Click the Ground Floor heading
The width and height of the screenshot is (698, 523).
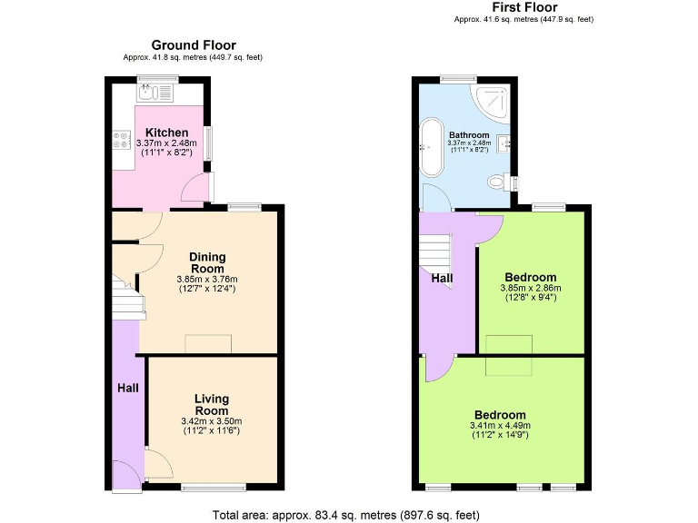[193, 44]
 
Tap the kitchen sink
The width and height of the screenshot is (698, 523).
[155, 92]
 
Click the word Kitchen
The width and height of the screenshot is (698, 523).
[166, 133]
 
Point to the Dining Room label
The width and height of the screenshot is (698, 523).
[206, 262]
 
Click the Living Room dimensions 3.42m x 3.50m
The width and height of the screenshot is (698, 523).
[211, 421]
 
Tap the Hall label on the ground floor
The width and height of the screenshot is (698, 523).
[127, 388]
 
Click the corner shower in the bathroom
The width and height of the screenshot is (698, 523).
[494, 101]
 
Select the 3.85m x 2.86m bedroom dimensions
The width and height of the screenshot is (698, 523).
[531, 289]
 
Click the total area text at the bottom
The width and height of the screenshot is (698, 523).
[345, 515]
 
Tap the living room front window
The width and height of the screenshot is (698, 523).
[214, 488]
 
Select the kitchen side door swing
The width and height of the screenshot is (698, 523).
[194, 189]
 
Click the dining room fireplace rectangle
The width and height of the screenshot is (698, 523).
[208, 343]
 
